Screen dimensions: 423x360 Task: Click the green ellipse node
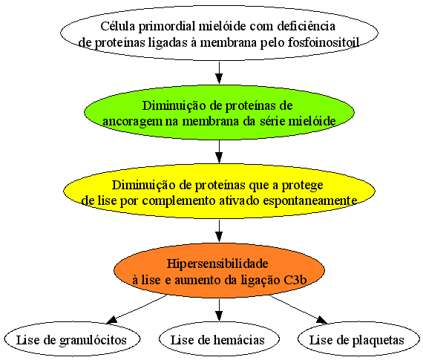coord(219,112)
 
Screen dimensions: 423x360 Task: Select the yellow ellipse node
coord(219,191)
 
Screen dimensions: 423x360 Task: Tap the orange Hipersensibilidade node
coord(219,270)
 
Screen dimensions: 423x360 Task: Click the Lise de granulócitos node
coord(72,339)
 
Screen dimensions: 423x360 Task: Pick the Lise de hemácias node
coord(219,339)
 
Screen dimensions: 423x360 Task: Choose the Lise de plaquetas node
coord(358,339)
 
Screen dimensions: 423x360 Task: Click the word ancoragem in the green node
coord(132,122)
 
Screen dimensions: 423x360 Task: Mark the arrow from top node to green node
coord(219,73)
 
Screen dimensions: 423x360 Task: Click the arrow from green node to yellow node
coord(219,151)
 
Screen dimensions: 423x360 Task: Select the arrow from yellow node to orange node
coord(219,231)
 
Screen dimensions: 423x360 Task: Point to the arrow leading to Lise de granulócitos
coord(137,309)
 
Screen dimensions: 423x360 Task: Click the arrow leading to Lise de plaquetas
coord(298,310)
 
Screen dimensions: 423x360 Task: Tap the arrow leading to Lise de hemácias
coord(219,310)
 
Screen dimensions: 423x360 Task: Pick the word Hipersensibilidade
coord(217,264)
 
